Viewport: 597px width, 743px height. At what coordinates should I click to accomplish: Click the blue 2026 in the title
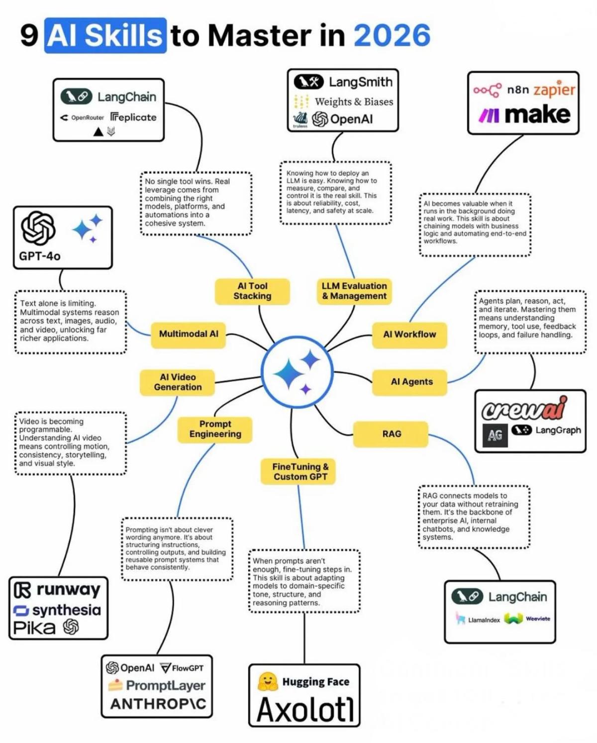point(392,36)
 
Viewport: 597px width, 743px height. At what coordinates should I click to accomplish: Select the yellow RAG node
point(391,434)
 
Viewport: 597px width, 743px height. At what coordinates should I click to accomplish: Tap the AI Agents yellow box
point(411,382)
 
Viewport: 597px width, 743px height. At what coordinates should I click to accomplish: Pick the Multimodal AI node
point(189,334)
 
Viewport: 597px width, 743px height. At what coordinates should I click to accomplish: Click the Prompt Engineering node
point(215,429)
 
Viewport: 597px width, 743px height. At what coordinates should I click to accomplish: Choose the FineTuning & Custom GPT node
point(299,472)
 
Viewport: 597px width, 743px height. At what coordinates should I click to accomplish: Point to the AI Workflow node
point(409,335)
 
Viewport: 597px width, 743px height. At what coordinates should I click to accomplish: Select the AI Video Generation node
point(178,382)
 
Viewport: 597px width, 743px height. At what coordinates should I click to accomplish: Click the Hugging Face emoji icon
point(268,682)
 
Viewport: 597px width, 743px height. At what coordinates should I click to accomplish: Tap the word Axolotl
point(305,709)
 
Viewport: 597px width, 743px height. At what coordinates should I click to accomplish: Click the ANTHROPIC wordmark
point(158,704)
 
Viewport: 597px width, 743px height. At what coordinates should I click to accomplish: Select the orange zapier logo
point(554,90)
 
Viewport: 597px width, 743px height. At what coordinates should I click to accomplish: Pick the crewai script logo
point(524,409)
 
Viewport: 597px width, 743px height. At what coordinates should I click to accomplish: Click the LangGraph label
point(558,430)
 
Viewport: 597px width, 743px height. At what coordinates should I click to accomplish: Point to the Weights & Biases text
point(353,102)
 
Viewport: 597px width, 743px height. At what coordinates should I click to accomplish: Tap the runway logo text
point(68,590)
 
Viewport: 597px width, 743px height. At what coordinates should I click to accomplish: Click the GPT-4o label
point(40,256)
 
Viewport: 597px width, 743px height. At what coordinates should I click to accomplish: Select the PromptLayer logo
point(165,686)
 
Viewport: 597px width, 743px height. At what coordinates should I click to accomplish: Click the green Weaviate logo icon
point(513,619)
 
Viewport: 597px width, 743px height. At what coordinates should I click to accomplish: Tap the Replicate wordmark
point(133,118)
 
